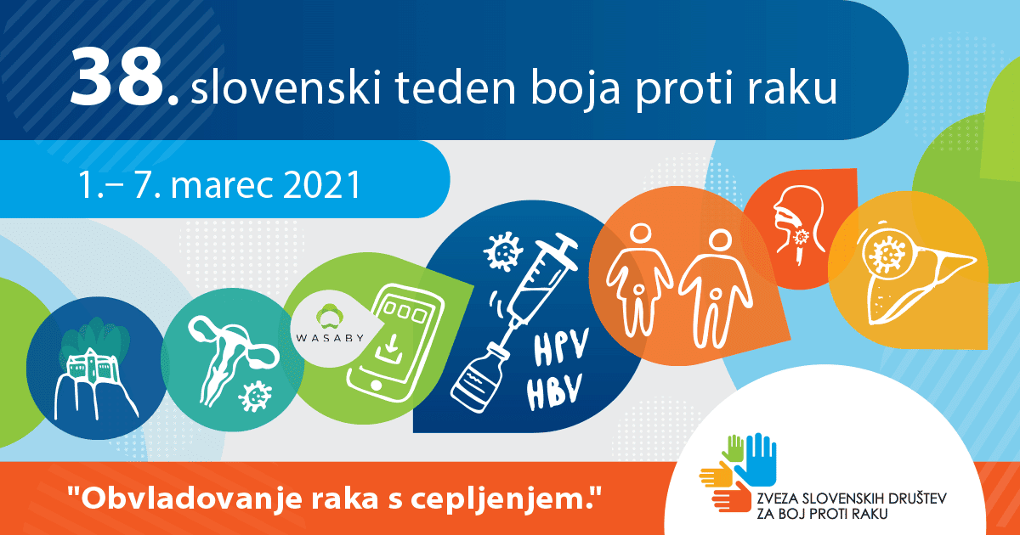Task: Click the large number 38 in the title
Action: [x=117, y=78]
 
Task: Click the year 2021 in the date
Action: [x=321, y=185]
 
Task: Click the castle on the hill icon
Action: [x=93, y=373]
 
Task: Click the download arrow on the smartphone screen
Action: [x=390, y=349]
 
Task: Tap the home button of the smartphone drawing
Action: [x=376, y=385]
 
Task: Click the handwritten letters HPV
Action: [x=560, y=346]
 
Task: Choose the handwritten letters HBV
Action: [x=554, y=391]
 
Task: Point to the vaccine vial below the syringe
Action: [x=478, y=379]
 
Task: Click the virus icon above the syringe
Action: [x=502, y=251]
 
